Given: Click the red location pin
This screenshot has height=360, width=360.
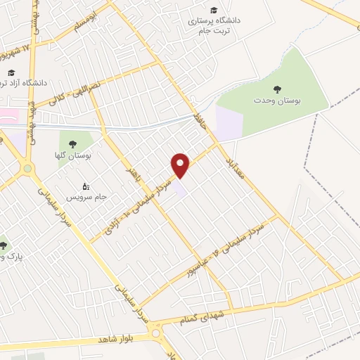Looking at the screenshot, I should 181,165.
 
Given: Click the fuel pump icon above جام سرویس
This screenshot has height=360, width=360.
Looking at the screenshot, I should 86,186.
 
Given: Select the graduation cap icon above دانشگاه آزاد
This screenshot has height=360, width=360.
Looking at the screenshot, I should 11,73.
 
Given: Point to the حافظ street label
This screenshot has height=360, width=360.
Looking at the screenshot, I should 202,125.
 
